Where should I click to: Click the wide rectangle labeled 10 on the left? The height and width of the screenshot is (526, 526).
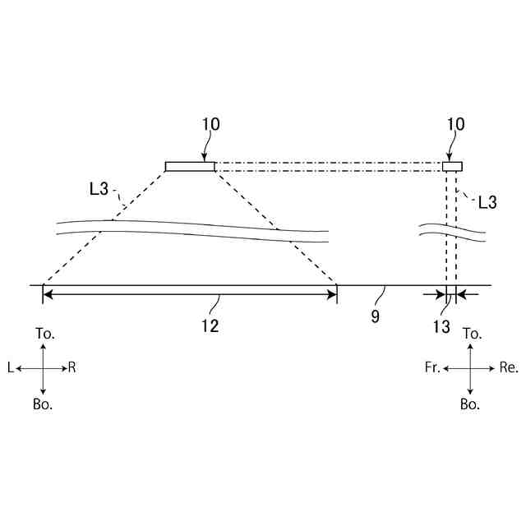pos(190,166)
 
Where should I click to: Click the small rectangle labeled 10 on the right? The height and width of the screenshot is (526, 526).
pos(452,166)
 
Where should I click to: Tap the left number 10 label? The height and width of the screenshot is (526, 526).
pos(210,124)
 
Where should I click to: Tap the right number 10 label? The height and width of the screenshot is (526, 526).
pos(455,124)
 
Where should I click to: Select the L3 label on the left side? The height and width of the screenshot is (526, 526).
pos(99,188)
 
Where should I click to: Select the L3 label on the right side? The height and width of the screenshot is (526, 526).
pos(487,201)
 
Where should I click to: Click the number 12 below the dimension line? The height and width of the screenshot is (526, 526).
pos(210,326)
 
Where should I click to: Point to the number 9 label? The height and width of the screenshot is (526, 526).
pos(375,316)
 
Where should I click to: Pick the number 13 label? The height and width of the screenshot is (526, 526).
pos(441,326)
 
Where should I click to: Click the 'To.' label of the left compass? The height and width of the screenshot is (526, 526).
pos(45,333)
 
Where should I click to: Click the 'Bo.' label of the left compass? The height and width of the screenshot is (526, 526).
pos(44,404)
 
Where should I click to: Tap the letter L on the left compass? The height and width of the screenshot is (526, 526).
pos(10,369)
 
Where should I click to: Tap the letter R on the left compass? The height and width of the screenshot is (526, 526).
pos(72,369)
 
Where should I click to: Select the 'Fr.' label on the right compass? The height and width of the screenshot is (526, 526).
pos(432,368)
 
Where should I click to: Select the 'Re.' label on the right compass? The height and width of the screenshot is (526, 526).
pos(509,368)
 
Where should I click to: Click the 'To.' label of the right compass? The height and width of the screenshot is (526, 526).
pos(472,333)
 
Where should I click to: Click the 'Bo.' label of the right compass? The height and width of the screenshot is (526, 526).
pos(470,404)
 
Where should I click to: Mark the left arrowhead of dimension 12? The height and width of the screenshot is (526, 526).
pos(48,294)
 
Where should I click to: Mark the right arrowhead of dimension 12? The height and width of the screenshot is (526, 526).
pos(332,294)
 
